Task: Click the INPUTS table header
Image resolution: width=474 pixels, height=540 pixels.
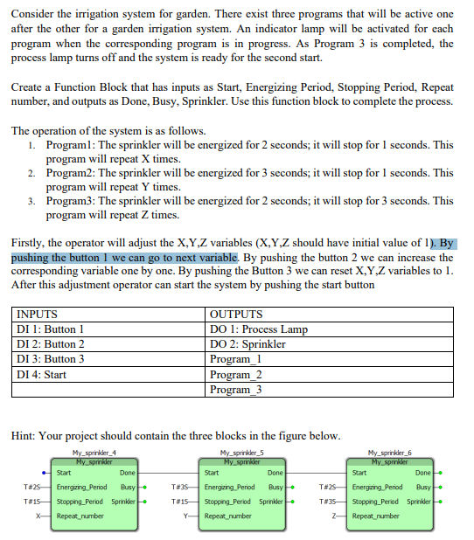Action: [38, 314]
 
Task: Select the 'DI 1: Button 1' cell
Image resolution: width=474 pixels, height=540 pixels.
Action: [52, 329]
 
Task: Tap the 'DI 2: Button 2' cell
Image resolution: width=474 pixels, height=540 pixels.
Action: [52, 343]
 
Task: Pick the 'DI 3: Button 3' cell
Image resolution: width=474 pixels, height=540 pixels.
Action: [52, 358]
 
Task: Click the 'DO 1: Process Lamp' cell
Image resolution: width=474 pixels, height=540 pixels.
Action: [259, 329]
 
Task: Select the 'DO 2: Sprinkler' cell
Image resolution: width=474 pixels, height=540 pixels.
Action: [248, 343]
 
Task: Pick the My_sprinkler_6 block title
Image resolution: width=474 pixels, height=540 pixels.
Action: [393, 452]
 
